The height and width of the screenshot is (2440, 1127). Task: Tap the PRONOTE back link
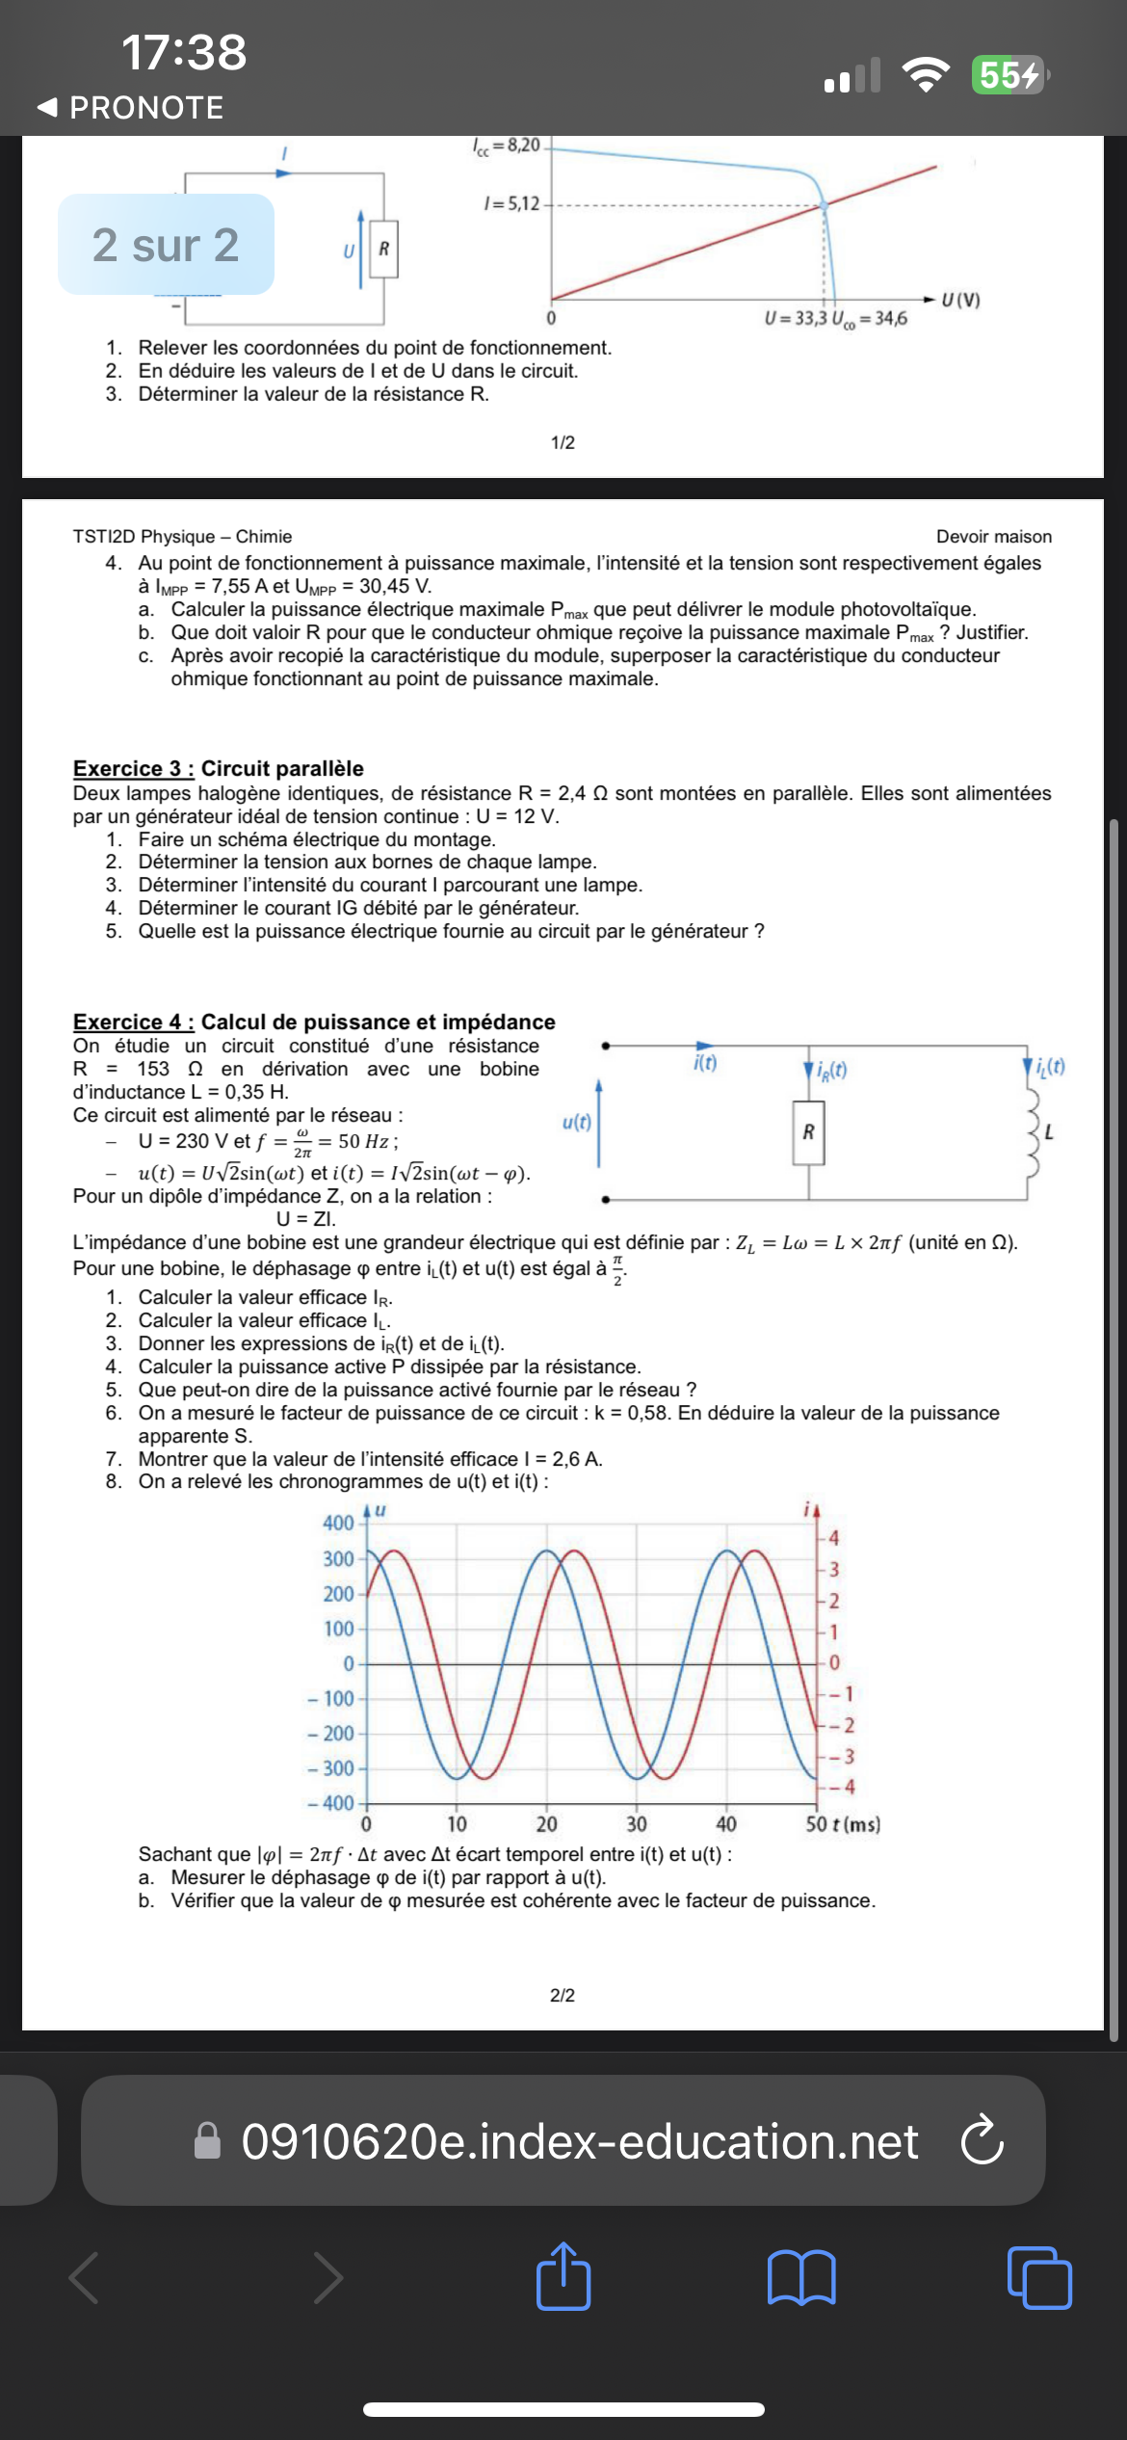tap(130, 107)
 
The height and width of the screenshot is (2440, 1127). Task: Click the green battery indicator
tap(1009, 74)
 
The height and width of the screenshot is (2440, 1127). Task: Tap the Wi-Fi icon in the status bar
tap(925, 74)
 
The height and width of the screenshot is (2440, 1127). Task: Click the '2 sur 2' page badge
tap(166, 245)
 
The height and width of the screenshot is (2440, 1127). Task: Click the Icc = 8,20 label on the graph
tap(508, 146)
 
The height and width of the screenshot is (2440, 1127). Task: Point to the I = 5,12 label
tap(511, 203)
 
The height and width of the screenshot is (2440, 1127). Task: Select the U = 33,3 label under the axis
tap(795, 319)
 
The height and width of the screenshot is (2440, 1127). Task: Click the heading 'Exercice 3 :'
tap(133, 768)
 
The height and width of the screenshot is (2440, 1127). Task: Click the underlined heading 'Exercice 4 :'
tap(133, 1021)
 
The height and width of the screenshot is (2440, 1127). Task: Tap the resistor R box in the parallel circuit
tap(808, 1132)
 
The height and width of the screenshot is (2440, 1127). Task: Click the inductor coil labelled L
tap(1034, 1133)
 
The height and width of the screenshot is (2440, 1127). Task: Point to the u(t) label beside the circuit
tap(576, 1122)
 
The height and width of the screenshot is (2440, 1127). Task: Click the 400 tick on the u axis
tap(338, 1523)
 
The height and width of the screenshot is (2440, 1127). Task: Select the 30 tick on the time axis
tap(637, 1823)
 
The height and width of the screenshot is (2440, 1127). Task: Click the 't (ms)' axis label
tap(854, 1823)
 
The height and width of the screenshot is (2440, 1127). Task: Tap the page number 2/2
tap(563, 1995)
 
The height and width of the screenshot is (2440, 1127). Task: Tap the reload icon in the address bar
tap(982, 2140)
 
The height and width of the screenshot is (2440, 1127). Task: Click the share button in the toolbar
tap(563, 2277)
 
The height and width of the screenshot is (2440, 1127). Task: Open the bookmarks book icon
tap(801, 2277)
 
